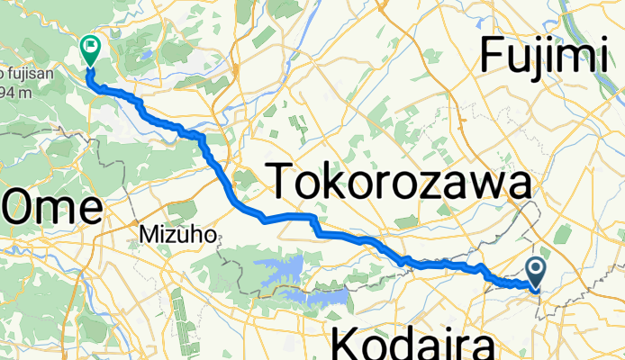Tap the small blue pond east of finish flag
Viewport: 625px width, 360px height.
pyautogui.click(x=143, y=53)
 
